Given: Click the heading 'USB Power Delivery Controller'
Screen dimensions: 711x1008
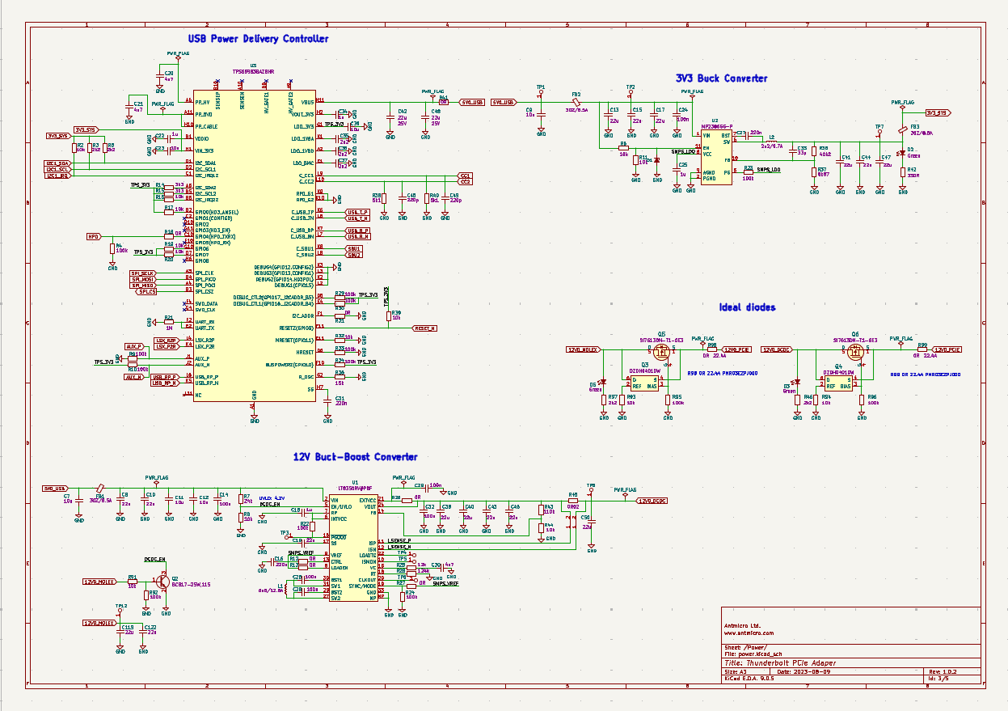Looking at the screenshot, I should [258, 39].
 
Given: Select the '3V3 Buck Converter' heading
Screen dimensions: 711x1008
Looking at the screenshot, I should [721, 78].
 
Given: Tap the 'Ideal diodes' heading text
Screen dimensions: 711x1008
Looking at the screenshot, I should [747, 307].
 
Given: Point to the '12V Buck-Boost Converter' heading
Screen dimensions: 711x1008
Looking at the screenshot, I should [355, 457].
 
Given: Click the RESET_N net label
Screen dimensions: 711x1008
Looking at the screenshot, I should [424, 328].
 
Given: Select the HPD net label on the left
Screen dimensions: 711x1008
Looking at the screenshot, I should [94, 236].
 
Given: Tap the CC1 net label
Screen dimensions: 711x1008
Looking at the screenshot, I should [465, 176].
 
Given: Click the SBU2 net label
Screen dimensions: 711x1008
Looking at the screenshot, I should [354, 255].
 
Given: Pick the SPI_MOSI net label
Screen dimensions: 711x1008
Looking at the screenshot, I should [142, 279].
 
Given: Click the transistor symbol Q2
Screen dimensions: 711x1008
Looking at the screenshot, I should [160, 581].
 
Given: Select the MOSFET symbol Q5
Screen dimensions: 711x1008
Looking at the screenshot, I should [661, 352].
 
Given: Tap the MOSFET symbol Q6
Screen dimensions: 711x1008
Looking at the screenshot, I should [854, 352].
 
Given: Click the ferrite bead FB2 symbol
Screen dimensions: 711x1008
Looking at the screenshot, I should [576, 103].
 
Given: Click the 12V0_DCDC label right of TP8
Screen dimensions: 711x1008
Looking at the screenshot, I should [652, 501].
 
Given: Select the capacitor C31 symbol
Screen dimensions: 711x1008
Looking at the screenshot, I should [327, 400].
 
